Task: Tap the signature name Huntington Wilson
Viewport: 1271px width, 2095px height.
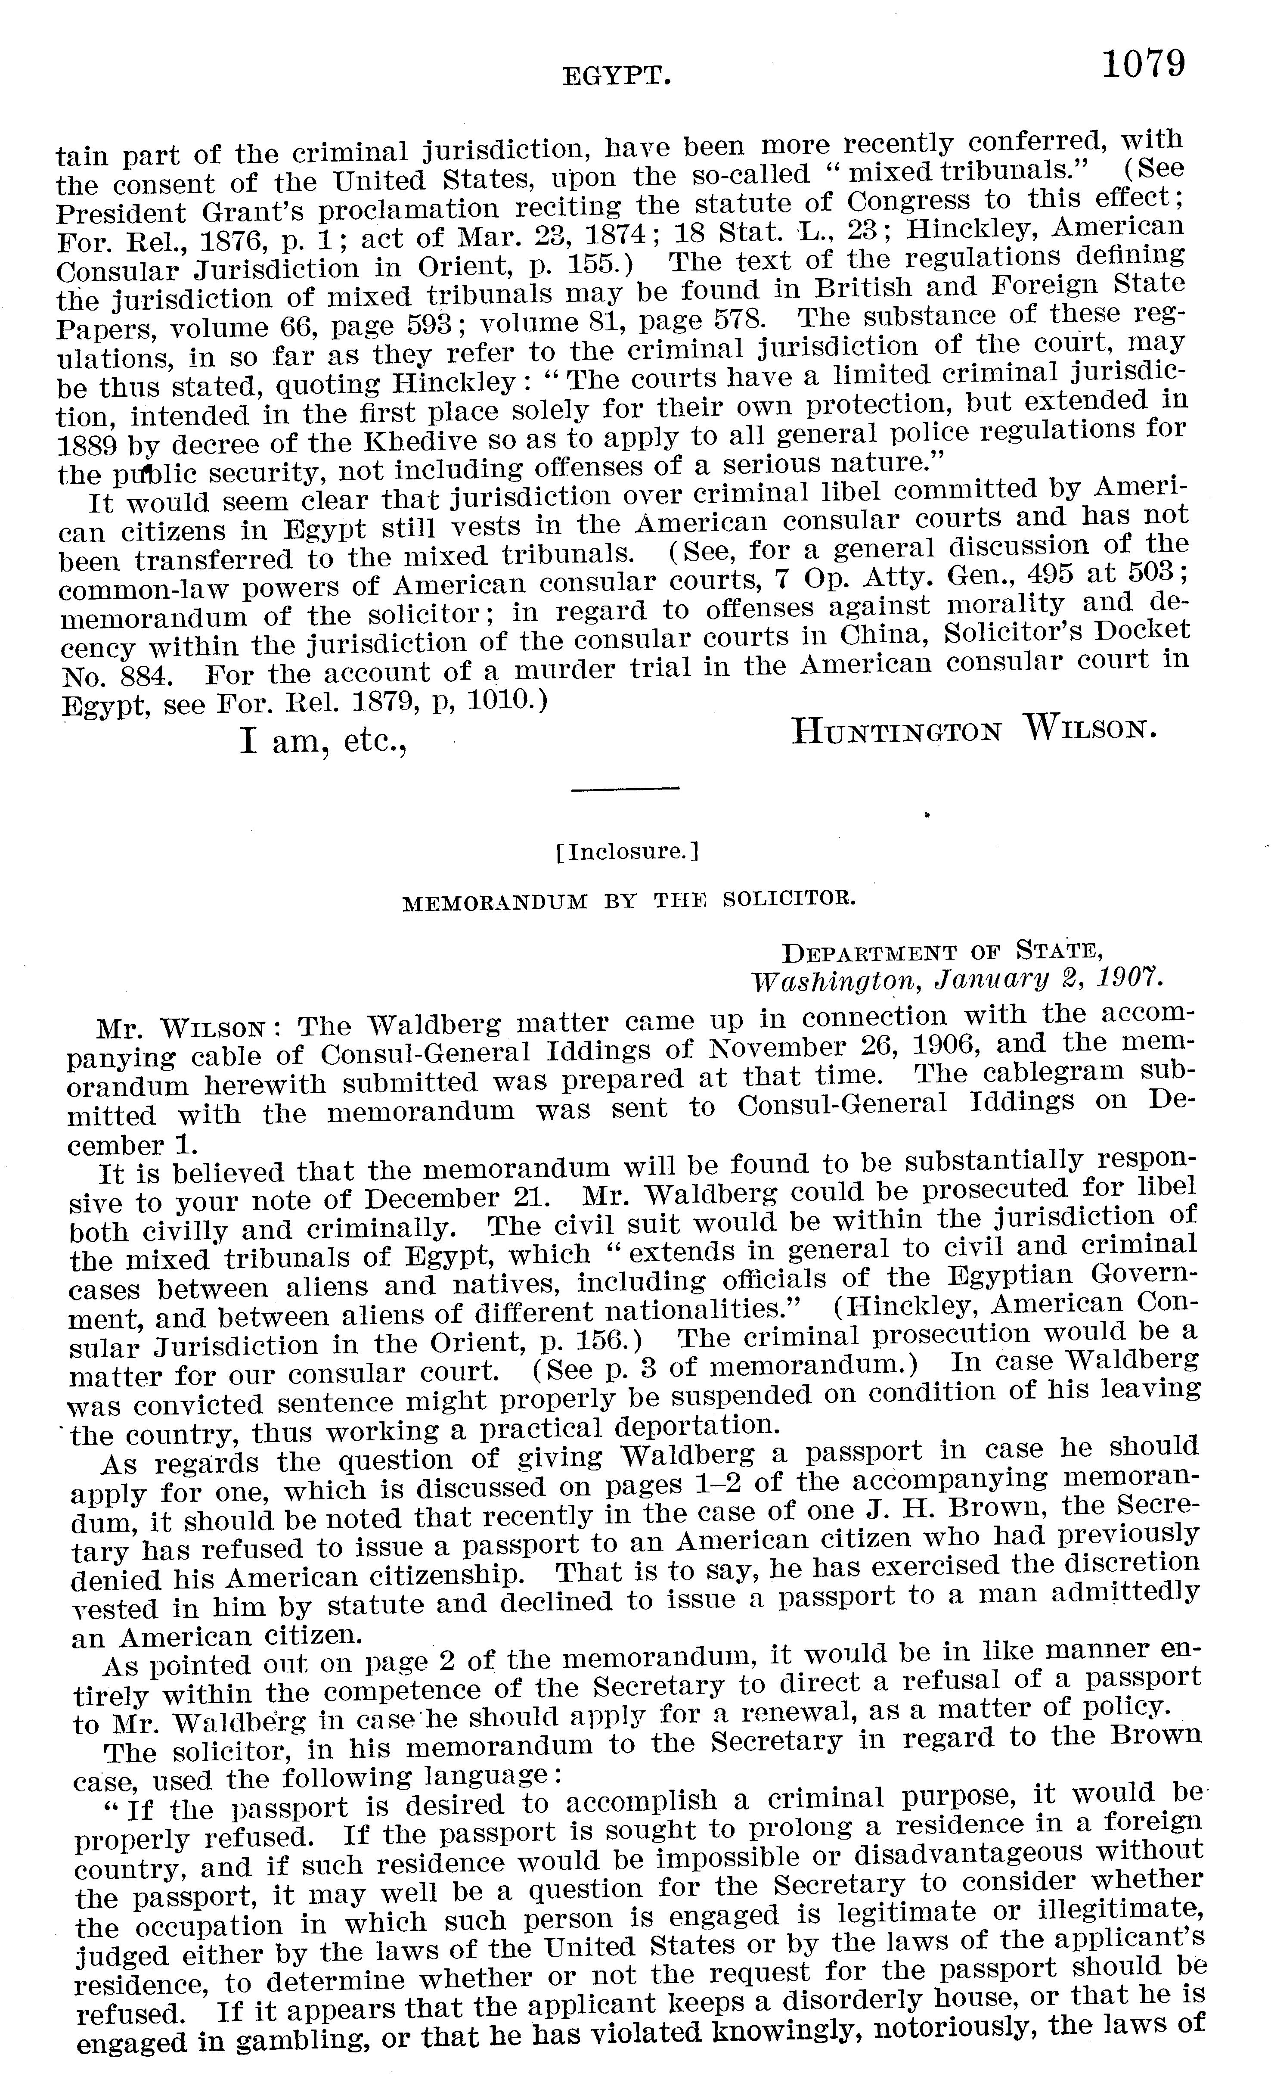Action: [x=973, y=730]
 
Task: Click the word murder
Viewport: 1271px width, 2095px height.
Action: [x=568, y=669]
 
